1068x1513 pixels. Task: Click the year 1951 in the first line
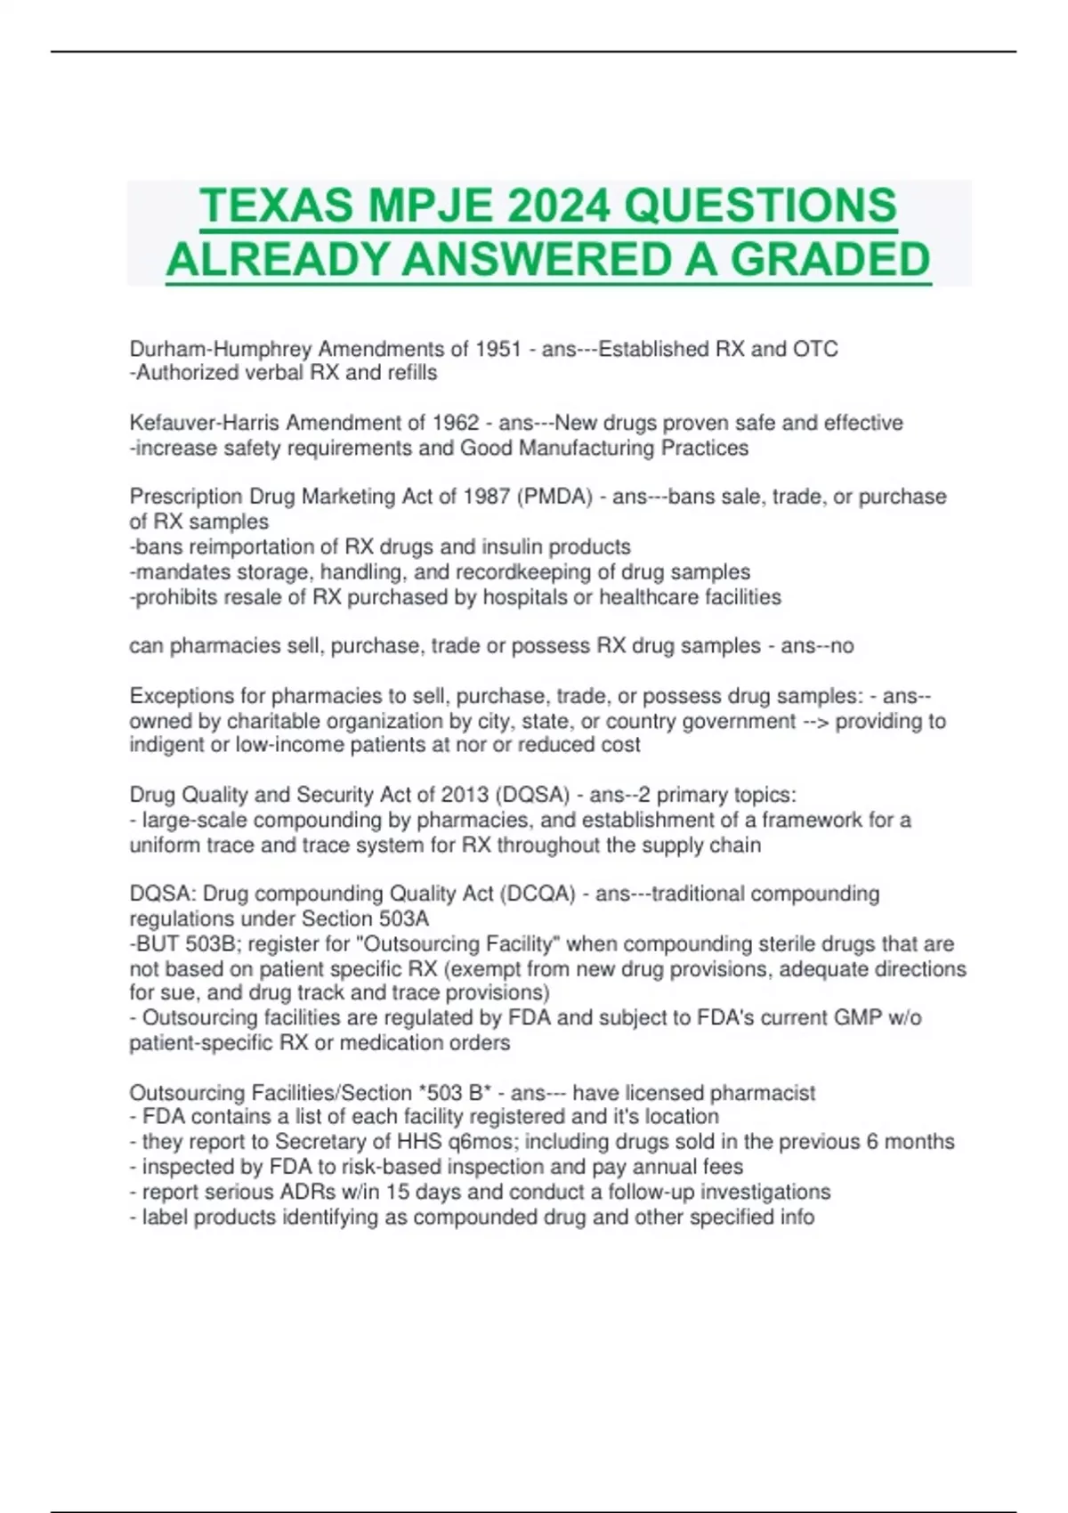tap(498, 349)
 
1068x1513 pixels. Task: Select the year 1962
tap(456, 423)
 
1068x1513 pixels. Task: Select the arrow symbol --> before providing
tap(815, 721)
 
